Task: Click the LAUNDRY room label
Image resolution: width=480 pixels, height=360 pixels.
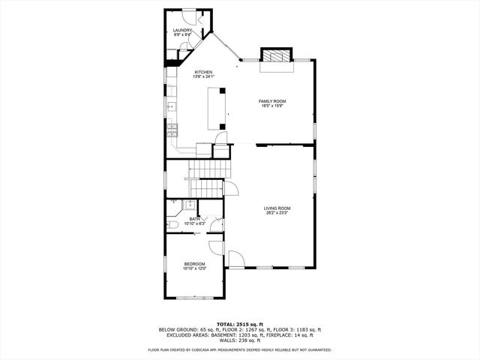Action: [183, 31]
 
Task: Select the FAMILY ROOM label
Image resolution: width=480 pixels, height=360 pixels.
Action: [272, 100]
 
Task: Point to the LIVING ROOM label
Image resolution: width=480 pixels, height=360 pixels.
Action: [277, 208]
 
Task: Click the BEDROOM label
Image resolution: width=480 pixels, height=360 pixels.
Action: [194, 264]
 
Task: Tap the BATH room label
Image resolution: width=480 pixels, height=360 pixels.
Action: [194, 218]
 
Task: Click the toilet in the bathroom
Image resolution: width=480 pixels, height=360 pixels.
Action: [172, 223]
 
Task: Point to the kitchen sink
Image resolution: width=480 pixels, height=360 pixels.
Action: [170, 107]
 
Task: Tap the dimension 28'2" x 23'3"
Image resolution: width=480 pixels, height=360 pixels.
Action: [277, 213]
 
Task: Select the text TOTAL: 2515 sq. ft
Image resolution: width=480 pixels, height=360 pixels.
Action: [240, 323]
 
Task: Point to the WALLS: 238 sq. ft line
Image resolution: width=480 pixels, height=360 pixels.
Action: [240, 341]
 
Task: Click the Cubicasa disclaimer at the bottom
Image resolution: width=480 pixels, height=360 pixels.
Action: [240, 349]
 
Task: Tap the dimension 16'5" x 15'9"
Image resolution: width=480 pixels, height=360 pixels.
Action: [272, 106]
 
